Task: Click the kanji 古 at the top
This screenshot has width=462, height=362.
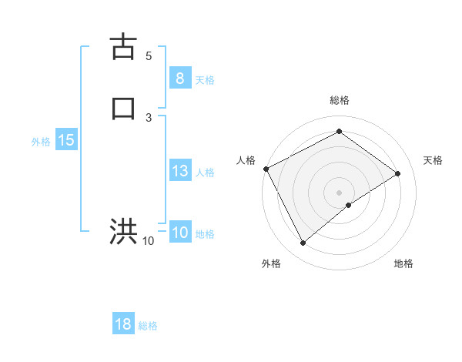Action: (124, 48)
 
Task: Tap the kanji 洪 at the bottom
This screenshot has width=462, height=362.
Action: (124, 230)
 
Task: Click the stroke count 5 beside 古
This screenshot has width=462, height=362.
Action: (149, 56)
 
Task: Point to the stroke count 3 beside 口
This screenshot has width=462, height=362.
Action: (149, 116)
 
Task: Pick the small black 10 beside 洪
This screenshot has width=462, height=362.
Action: (148, 241)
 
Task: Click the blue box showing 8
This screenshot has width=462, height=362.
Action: (179, 79)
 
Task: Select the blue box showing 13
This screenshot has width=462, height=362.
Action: (179, 172)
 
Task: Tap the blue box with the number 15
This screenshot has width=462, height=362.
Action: (66, 141)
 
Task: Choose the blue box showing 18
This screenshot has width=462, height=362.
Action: (123, 324)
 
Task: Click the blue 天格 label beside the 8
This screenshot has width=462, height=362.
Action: (205, 80)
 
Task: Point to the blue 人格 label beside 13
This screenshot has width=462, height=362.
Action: (205, 173)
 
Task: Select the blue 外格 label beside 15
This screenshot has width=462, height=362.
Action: (41, 142)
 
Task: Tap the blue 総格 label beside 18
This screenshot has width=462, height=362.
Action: (148, 326)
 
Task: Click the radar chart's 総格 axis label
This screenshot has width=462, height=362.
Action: (339, 100)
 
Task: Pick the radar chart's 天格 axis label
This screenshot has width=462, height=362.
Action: (434, 160)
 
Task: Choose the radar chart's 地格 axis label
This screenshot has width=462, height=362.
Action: (403, 264)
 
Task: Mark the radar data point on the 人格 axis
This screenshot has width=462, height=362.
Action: (266, 168)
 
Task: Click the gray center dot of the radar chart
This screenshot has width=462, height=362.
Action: (339, 192)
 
